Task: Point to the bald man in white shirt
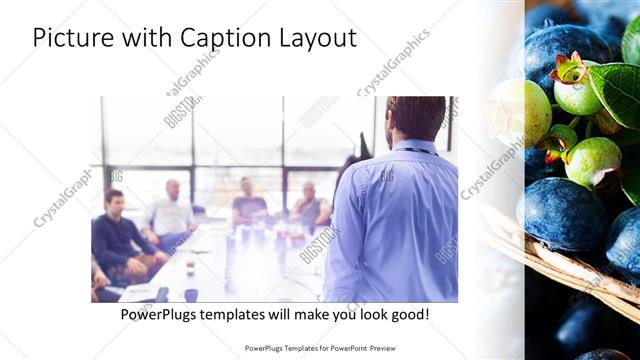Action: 172,210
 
